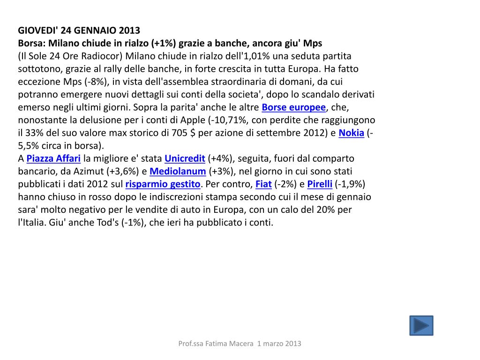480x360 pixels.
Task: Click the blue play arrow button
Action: (x=421, y=325)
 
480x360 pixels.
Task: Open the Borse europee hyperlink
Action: (x=293, y=107)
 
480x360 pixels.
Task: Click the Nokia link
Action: (x=351, y=133)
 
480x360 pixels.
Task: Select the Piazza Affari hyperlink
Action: (x=53, y=158)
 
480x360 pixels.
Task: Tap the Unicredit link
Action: (x=185, y=158)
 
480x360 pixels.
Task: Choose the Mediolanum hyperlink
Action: (x=178, y=171)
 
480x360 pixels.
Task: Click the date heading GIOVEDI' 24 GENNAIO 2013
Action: (x=79, y=31)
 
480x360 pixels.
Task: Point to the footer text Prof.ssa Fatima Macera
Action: (x=216, y=344)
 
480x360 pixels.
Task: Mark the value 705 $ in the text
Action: (x=181, y=133)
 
